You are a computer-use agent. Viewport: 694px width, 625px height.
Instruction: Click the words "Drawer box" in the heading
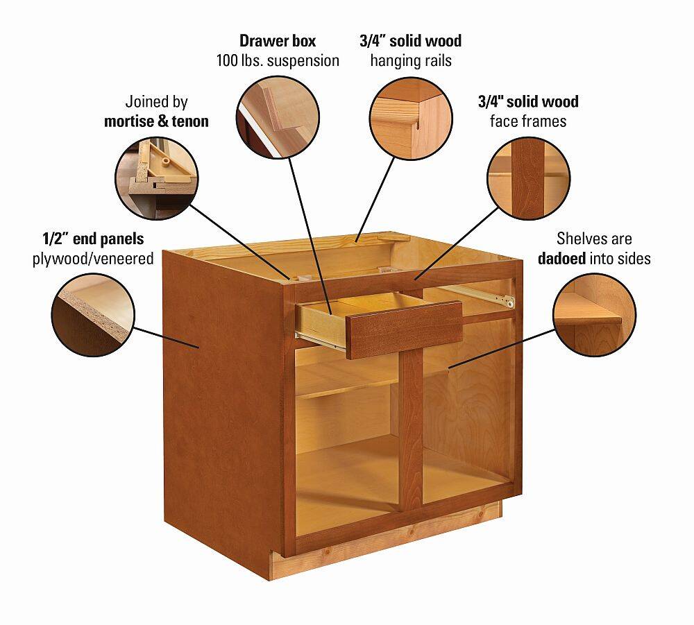point(278,41)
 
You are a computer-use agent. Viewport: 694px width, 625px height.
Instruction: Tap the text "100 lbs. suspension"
point(278,60)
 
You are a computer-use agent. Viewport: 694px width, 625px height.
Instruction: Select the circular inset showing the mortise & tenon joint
point(157,178)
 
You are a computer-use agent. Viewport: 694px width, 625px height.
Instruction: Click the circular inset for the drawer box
point(278,117)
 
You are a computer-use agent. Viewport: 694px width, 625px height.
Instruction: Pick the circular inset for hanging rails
point(411,118)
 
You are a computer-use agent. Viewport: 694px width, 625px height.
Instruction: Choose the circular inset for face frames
point(528,178)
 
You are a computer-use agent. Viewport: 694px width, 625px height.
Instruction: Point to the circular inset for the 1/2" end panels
point(93,315)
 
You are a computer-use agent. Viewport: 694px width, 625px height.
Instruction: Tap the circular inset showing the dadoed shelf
point(595,315)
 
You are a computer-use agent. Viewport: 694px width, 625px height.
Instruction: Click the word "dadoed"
point(561,258)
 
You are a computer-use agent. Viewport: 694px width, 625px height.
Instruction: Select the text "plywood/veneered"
point(93,258)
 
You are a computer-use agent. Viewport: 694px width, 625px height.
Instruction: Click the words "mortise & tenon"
point(156,121)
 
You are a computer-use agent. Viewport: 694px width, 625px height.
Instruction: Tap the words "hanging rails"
point(411,60)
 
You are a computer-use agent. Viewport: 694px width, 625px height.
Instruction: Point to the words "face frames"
point(528,121)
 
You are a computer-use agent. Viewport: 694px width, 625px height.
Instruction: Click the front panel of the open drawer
point(404,329)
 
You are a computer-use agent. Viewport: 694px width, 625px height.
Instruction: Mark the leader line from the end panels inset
point(167,338)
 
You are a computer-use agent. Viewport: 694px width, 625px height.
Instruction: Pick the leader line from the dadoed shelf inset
point(502,348)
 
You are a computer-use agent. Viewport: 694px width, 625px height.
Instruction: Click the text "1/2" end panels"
point(93,239)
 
